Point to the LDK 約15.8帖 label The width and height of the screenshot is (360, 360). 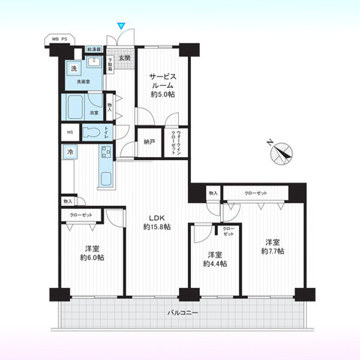[157, 222]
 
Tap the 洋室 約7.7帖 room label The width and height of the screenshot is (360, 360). [272, 247]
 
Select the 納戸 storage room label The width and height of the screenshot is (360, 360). [149, 141]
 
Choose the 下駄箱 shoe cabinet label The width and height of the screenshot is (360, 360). [110, 64]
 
